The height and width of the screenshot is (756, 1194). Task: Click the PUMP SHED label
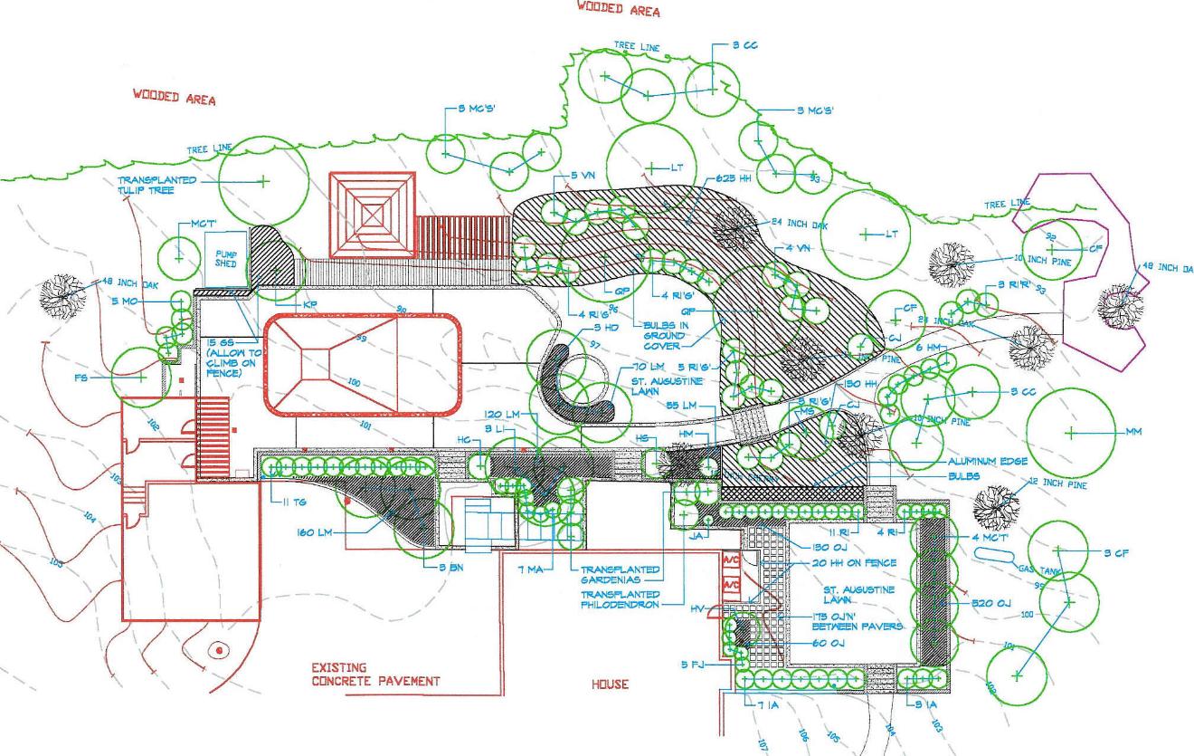225,260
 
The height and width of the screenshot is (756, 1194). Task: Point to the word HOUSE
610,685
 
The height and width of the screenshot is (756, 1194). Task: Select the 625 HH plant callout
734,179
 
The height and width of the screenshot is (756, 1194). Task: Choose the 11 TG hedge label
289,501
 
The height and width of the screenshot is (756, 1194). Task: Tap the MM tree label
1133,432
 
